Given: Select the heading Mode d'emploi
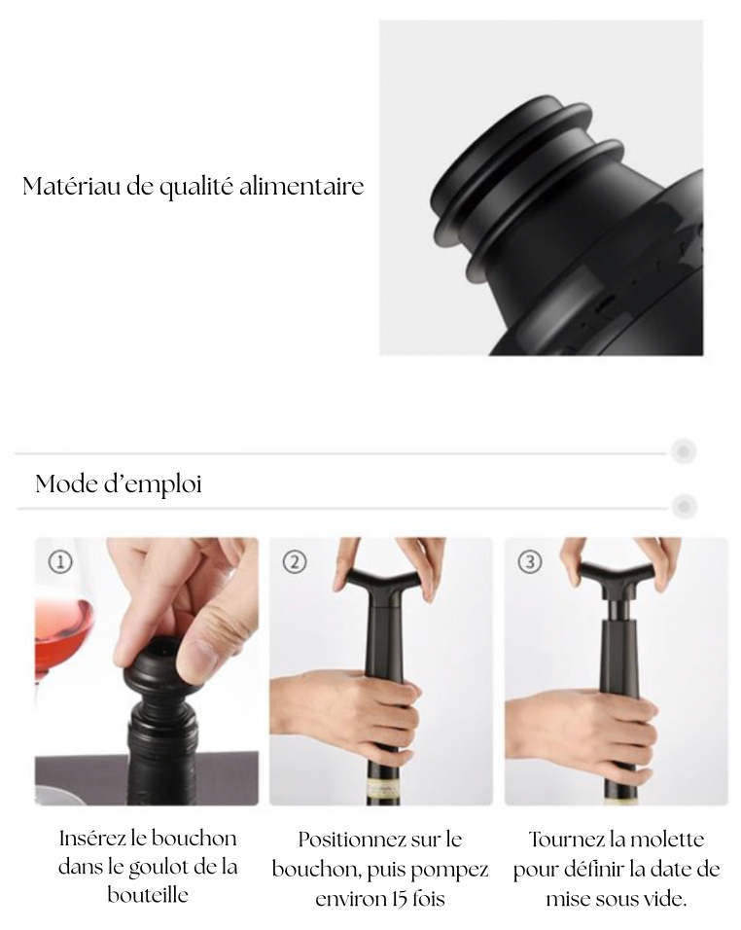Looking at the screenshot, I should [119, 483].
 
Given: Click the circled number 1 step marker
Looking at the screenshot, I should [59, 562].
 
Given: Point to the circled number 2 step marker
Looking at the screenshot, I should [294, 562].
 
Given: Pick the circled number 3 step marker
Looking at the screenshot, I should [529, 562].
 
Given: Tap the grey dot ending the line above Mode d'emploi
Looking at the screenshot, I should [684, 451].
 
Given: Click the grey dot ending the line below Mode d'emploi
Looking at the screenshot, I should [684, 506].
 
